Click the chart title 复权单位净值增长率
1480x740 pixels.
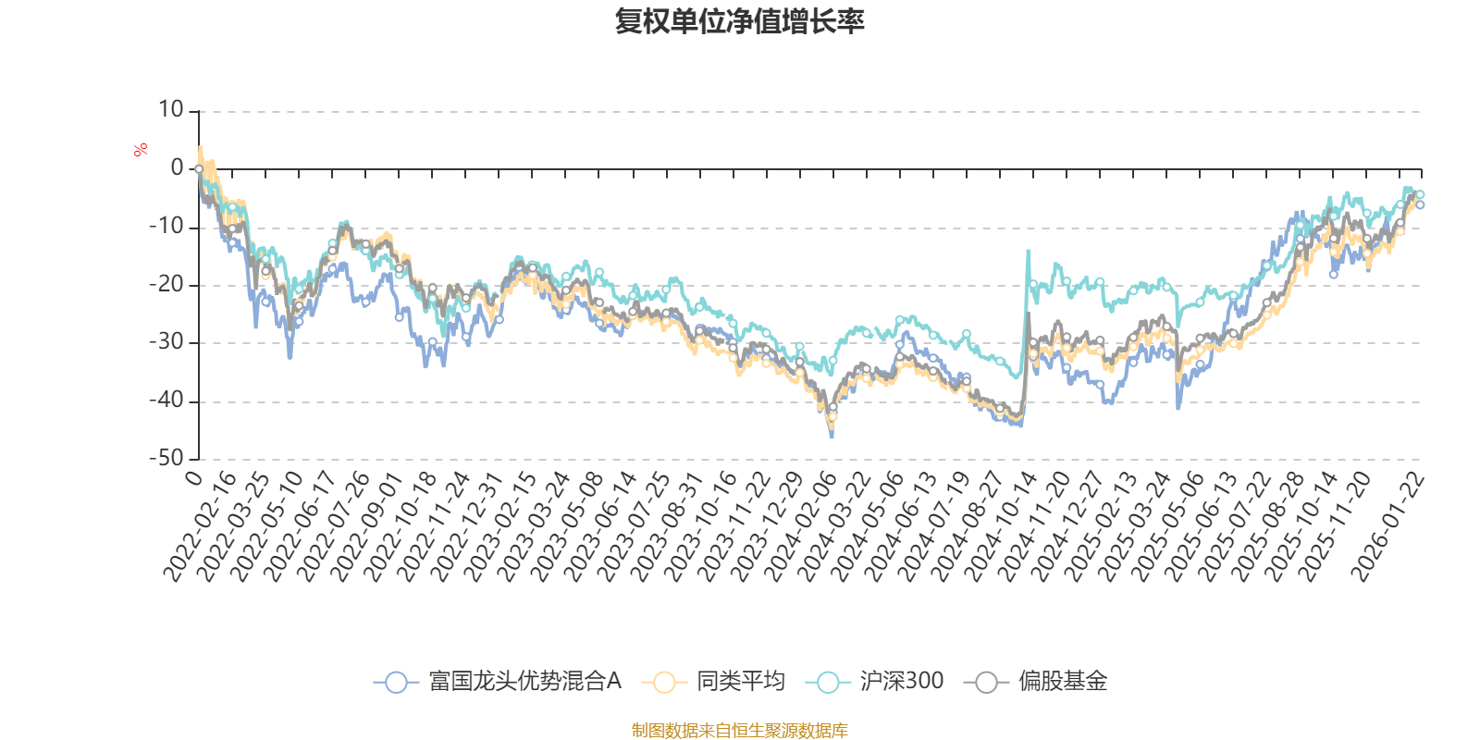coord(740,22)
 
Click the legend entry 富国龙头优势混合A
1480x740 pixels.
coord(524,682)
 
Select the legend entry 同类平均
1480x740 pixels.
coord(740,682)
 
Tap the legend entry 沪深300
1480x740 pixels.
coord(901,682)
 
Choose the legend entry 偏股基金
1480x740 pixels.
coord(1062,682)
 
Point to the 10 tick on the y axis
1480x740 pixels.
coord(171,110)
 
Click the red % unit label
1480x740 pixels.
coord(141,150)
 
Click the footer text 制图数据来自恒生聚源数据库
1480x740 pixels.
coord(740,731)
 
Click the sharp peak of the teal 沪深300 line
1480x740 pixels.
coord(1027,250)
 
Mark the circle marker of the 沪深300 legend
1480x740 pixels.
coord(828,683)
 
